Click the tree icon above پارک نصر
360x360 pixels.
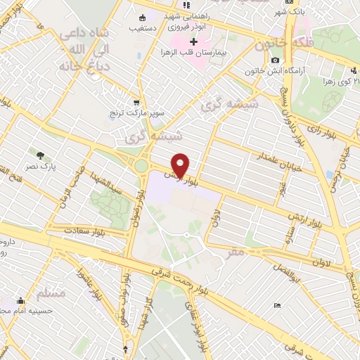(x=40, y=155)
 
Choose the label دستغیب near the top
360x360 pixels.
(x=143, y=29)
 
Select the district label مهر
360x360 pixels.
(x=236, y=252)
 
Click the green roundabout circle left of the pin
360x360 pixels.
(x=140, y=166)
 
